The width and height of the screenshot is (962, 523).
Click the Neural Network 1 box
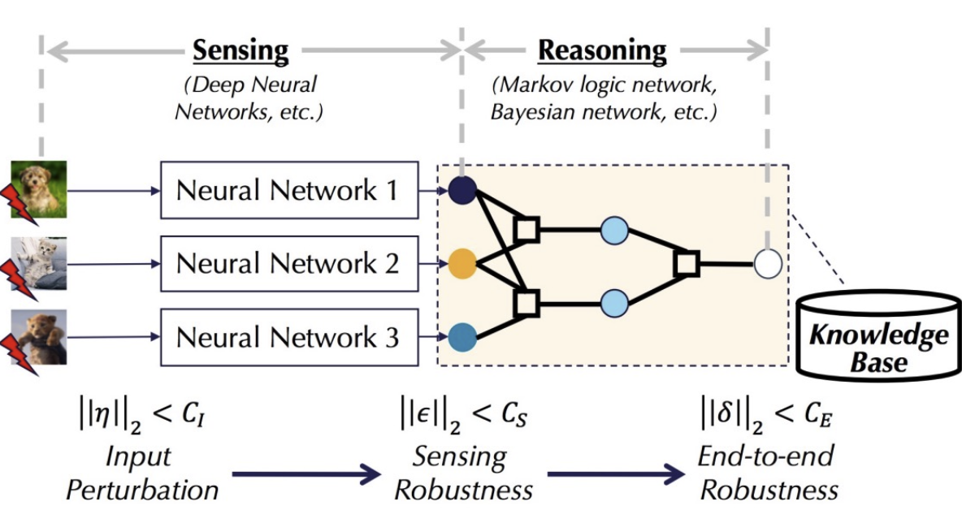[288, 190]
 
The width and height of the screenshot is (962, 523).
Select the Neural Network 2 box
[288, 263]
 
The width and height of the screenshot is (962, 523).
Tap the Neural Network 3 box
[288, 336]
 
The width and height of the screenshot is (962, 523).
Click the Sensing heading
[240, 51]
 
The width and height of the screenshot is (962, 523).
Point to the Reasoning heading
[602, 51]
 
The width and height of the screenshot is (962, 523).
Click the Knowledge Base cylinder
[878, 337]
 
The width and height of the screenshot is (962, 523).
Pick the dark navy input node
[461, 190]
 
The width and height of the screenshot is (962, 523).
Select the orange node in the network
[461, 264]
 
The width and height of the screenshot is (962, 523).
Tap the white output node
[767, 263]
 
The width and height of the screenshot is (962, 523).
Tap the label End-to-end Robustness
[768, 473]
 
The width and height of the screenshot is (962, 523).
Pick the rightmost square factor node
[686, 263]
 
